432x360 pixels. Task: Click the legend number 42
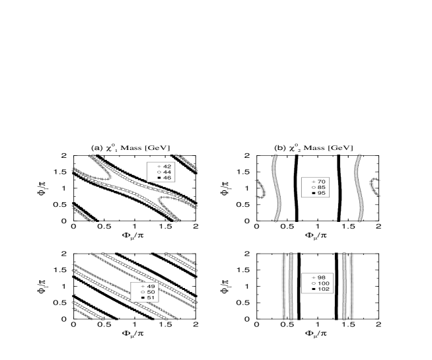[x=167, y=166]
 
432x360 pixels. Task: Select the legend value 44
[x=167, y=172]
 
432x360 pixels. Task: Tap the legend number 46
[x=167, y=178]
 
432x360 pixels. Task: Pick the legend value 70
[x=322, y=182]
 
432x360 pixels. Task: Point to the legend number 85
[x=322, y=188]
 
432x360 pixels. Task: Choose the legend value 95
[x=322, y=194]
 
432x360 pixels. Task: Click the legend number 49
[x=151, y=286]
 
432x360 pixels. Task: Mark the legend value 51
[x=151, y=298]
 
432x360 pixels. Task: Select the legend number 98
[x=322, y=277]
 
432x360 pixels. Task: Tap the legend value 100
[x=323, y=283]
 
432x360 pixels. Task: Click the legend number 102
[x=323, y=289]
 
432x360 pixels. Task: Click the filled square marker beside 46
[x=159, y=178]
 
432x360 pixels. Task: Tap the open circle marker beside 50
[x=142, y=292]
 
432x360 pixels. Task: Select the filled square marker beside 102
[x=313, y=289]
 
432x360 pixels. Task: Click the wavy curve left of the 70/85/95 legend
[x=276, y=188]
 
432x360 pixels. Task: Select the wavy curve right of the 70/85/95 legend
[x=359, y=188]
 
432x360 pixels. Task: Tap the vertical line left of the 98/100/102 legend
[x=291, y=286]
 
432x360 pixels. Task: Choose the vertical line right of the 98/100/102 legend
[x=344, y=286]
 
